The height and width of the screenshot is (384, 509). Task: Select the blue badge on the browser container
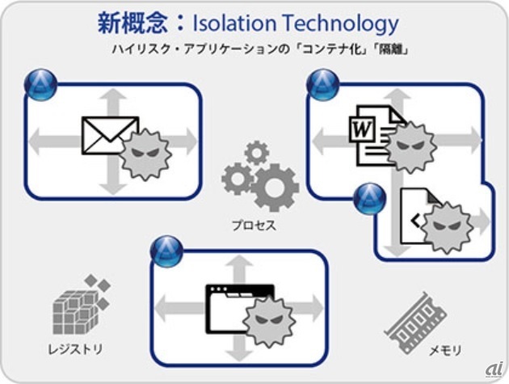click(166, 251)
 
